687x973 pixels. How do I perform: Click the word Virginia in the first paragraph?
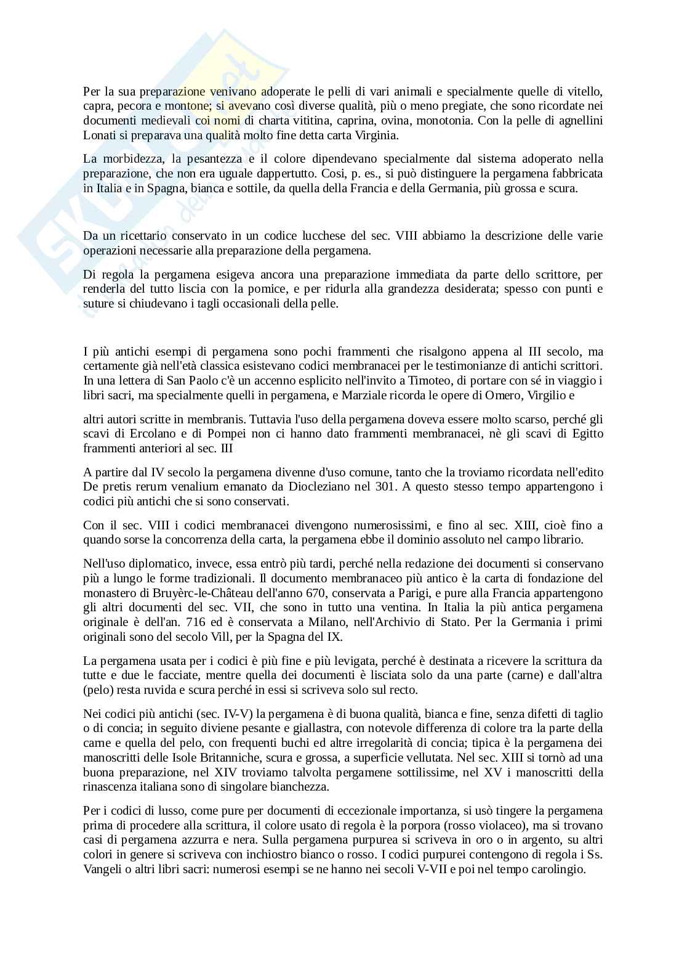click(x=378, y=135)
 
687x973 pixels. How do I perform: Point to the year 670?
click(x=291, y=593)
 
